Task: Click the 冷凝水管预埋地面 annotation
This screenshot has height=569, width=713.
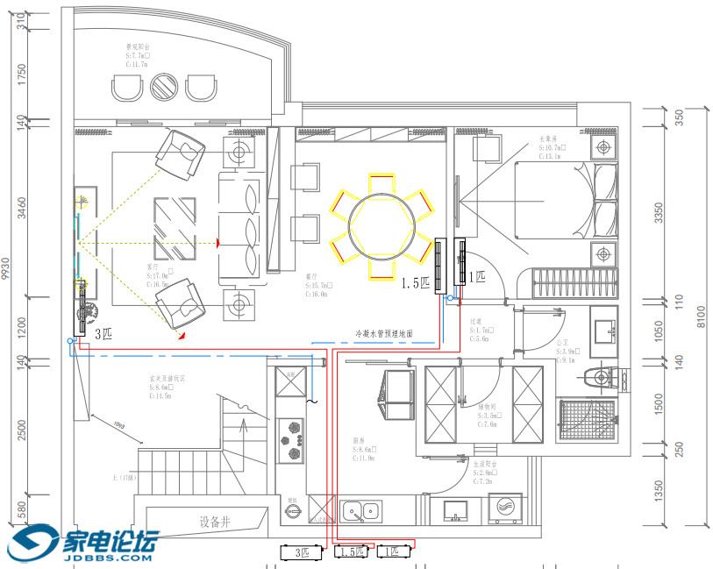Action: tap(383, 334)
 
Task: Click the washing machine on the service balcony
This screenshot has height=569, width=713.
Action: tap(506, 508)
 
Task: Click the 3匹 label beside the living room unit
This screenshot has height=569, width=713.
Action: tap(103, 333)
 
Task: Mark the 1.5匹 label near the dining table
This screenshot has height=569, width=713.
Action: tap(416, 283)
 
